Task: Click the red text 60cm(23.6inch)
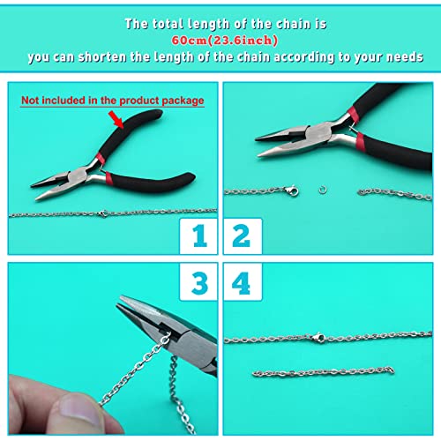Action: coord(220,40)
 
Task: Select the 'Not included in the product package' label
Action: coord(113,101)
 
